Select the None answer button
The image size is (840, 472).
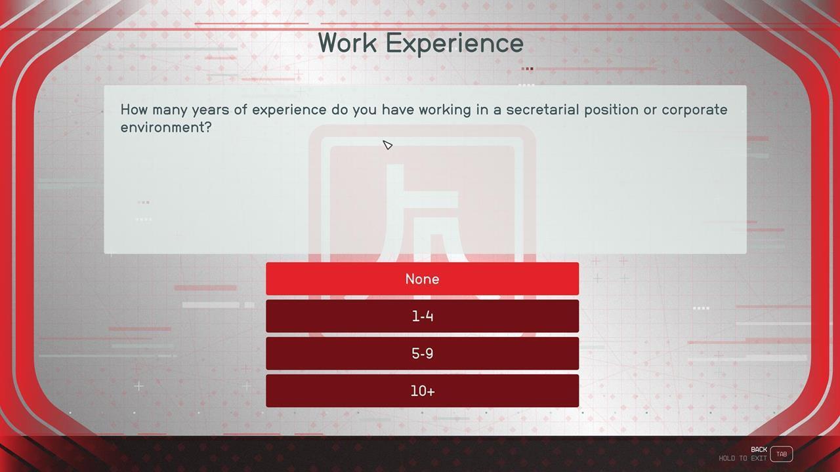(x=422, y=279)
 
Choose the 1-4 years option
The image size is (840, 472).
(x=422, y=316)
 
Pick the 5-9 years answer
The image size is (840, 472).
(x=422, y=353)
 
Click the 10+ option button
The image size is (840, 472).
(x=422, y=391)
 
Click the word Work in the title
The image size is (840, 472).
(x=348, y=43)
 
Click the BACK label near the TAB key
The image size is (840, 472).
(x=759, y=449)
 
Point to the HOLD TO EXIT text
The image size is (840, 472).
(x=743, y=458)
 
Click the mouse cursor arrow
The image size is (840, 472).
(x=387, y=145)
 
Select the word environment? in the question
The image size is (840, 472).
(x=166, y=127)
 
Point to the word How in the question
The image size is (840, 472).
(x=134, y=109)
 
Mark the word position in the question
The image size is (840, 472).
(x=611, y=110)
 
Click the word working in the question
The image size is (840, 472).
(x=445, y=110)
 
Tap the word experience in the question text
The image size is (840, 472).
(x=289, y=110)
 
